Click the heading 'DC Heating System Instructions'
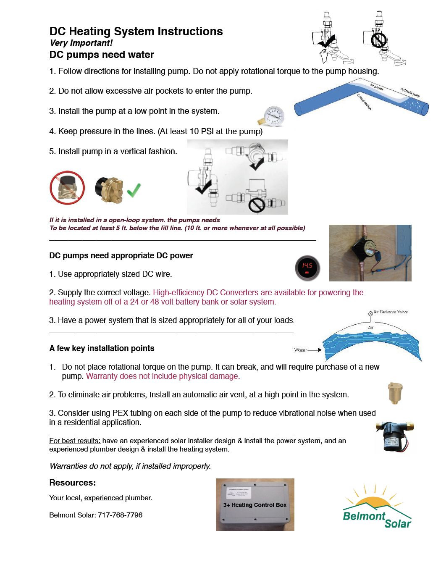tap(136, 32)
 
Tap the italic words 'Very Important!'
tap(81, 43)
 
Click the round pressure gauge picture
tap(273, 115)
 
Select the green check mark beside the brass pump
tap(134, 190)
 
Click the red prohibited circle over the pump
tap(67, 188)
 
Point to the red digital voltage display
tap(307, 268)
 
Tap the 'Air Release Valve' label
tap(390, 312)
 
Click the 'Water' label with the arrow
tap(301, 350)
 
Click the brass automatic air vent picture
tap(395, 393)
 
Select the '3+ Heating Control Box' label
tap(255, 505)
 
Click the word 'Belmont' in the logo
tap(364, 516)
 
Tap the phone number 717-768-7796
tap(120, 515)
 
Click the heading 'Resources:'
tap(73, 483)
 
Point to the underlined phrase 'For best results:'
tap(75, 441)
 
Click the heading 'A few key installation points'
tap(102, 348)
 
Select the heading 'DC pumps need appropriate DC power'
tap(121, 255)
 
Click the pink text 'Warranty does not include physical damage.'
tap(163, 376)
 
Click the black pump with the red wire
tap(394, 437)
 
